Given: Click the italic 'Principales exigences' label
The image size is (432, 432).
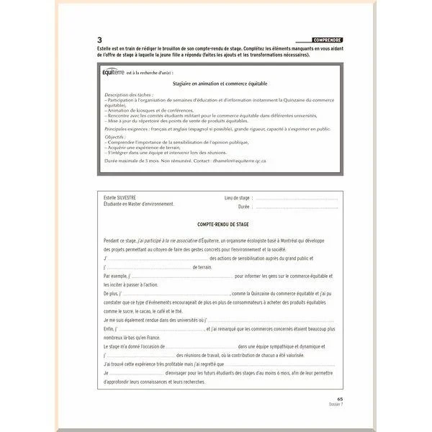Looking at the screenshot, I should [x=126, y=130].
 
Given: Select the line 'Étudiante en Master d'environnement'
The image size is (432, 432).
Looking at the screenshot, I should [x=139, y=204].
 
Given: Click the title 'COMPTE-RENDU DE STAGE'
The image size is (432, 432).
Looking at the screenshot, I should [x=216, y=225].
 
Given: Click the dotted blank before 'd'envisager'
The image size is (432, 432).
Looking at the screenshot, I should [x=137, y=373].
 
